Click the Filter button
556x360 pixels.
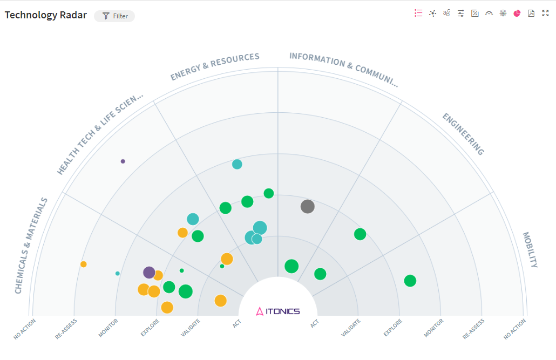(114, 16)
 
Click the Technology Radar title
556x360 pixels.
(46, 15)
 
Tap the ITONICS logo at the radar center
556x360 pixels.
(278, 311)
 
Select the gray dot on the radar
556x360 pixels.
(307, 206)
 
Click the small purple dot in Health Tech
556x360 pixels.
(123, 161)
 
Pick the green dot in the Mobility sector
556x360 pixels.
(410, 281)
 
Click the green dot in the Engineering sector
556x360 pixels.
(360, 234)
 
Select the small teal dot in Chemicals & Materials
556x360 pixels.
(118, 274)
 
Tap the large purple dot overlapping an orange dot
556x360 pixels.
(149, 273)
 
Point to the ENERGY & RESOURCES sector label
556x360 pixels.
(215, 66)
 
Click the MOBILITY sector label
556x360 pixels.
(530, 249)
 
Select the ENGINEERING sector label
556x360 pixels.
(463, 134)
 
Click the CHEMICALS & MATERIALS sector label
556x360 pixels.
(31, 246)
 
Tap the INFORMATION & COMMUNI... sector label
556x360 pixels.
(343, 69)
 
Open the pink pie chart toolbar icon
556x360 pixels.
(517, 13)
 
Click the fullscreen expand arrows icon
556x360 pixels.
(545, 13)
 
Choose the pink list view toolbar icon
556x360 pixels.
(418, 13)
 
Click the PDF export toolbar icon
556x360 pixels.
(531, 13)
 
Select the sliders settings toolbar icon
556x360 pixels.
(460, 13)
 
